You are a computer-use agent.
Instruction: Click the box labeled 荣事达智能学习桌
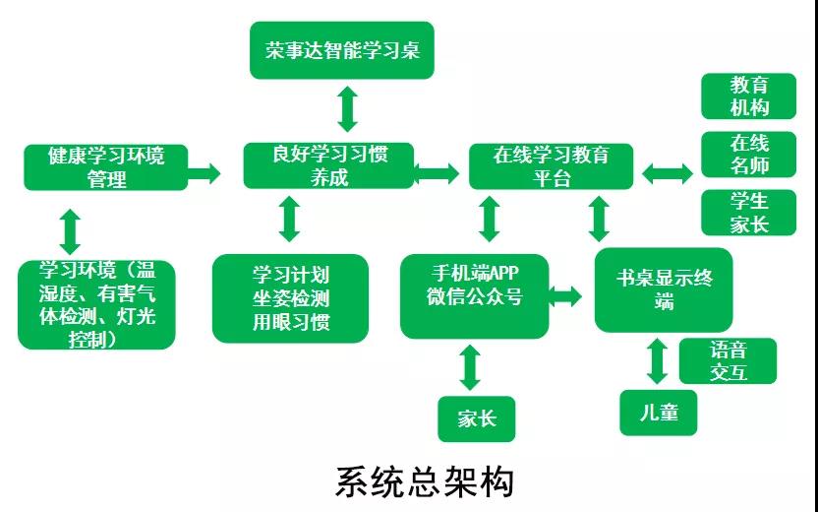pyautogui.click(x=341, y=50)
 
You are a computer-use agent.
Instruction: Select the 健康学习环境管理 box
pyautogui.click(x=106, y=166)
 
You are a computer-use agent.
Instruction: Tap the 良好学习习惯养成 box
pyautogui.click(x=329, y=165)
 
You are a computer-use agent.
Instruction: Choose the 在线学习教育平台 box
pyautogui.click(x=551, y=166)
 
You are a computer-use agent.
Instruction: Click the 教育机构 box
pyautogui.click(x=748, y=96)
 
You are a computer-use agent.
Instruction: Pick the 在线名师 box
pyautogui.click(x=748, y=155)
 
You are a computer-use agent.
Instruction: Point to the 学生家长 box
pyautogui.click(x=748, y=213)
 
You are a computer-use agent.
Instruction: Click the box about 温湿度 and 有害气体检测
pyautogui.click(x=96, y=304)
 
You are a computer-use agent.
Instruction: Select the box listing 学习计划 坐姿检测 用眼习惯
pyautogui.click(x=290, y=298)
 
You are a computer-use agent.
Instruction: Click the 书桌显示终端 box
pyautogui.click(x=664, y=288)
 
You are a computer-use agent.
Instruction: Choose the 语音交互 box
pyautogui.click(x=728, y=361)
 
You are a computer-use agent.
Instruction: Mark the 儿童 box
pyautogui.click(x=658, y=412)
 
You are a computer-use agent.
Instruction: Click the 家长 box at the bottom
pyautogui.click(x=477, y=419)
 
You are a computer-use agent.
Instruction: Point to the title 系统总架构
pyautogui.click(x=425, y=482)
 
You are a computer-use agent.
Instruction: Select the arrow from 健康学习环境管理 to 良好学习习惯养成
pyautogui.click(x=204, y=173)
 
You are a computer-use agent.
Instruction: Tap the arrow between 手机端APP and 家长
pyautogui.click(x=470, y=366)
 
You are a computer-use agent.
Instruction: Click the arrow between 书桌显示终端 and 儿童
pyautogui.click(x=658, y=360)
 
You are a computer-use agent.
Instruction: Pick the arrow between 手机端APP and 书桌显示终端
pyautogui.click(x=565, y=293)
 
